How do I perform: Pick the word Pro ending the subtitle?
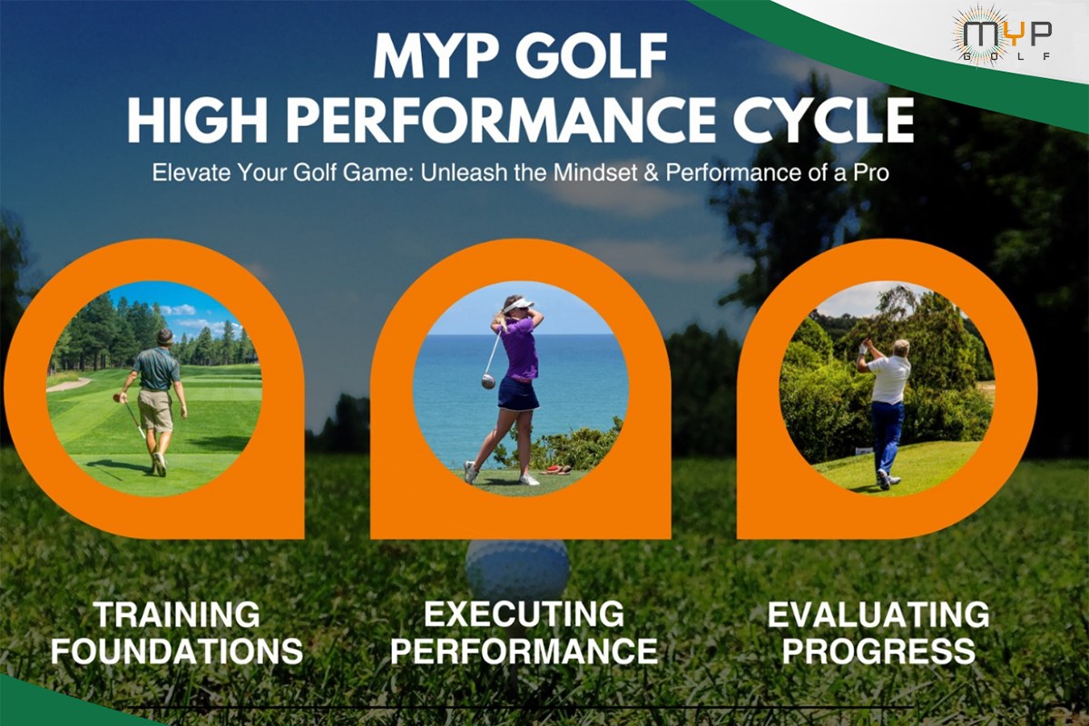pos(872,173)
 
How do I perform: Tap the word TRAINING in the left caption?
pos(177,614)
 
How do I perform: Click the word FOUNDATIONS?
pos(177,651)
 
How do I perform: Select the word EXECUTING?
pos(525,614)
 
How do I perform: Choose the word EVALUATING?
pos(878,614)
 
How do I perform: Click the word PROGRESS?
pos(878,651)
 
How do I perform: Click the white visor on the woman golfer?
pos(517,306)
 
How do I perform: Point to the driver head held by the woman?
pos(488,381)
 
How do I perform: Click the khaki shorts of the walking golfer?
pos(155,409)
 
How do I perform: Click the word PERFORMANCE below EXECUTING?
pos(525,651)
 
